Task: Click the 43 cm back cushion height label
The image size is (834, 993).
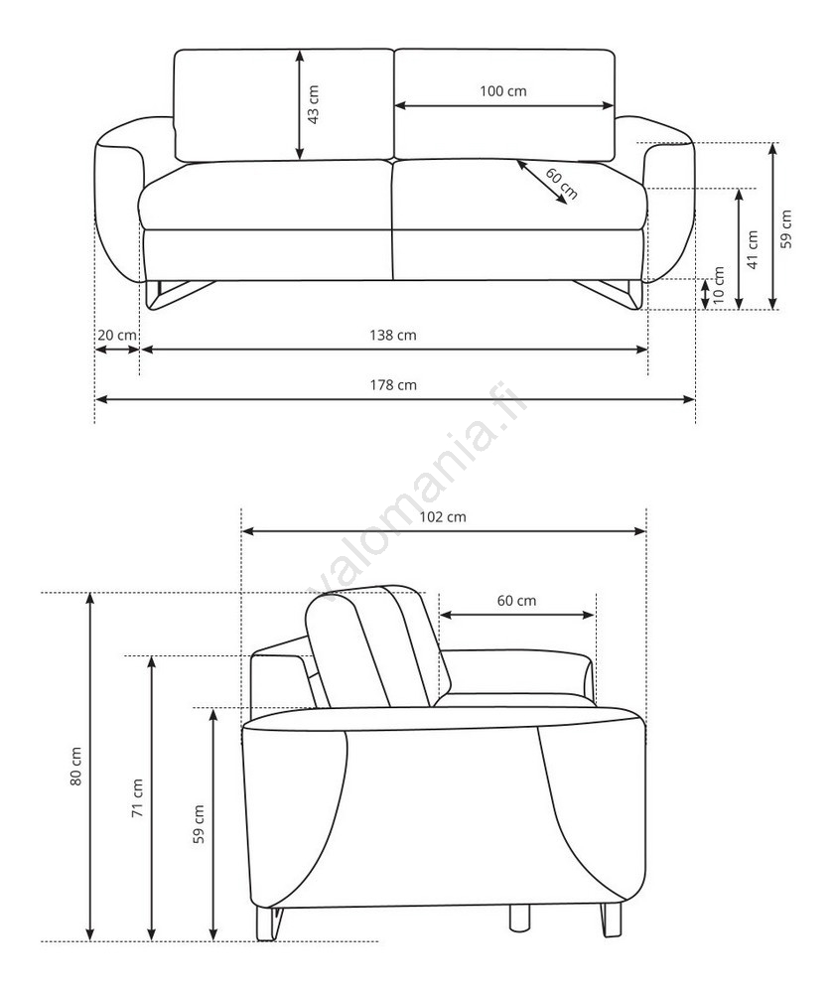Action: [x=313, y=104]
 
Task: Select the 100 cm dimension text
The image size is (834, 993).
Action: [x=502, y=91]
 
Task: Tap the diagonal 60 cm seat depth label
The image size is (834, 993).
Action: [x=561, y=184]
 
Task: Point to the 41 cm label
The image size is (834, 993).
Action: [x=753, y=249]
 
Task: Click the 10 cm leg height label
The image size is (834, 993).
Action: [x=718, y=285]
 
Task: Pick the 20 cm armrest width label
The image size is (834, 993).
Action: [x=116, y=335]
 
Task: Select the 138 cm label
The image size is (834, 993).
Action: [x=393, y=335]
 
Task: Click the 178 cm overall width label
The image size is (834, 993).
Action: [x=393, y=385]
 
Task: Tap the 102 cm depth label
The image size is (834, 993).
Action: [x=443, y=516]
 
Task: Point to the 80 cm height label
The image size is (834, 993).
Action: [x=75, y=767]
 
